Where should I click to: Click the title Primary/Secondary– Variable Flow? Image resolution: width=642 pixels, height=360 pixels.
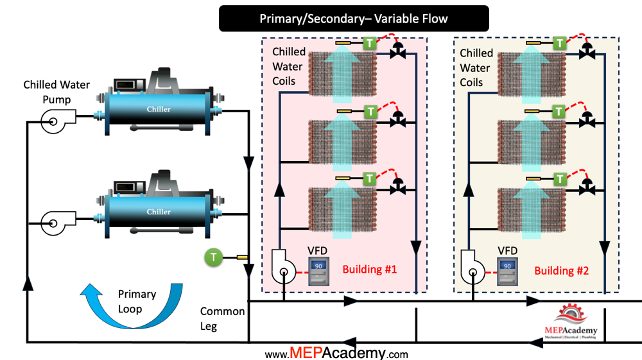[354, 19]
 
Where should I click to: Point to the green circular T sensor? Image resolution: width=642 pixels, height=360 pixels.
[214, 257]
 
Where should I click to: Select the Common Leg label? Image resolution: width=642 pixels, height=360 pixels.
[222, 318]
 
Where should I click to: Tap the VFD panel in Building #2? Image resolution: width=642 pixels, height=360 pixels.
[507, 270]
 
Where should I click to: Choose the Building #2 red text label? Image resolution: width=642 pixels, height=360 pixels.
[563, 270]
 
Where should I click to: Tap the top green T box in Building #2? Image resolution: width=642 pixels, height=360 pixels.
[560, 43]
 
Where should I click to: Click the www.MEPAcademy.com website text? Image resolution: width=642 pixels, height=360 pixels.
[336, 353]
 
